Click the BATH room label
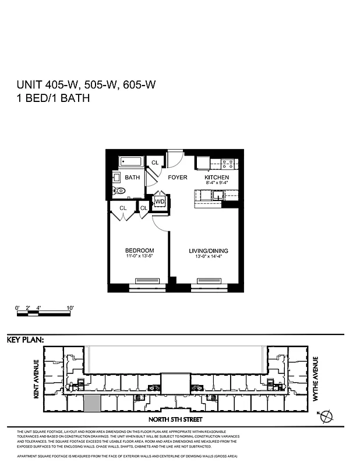tap(132, 178)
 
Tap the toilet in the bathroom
tap(119, 190)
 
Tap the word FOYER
tap(178, 177)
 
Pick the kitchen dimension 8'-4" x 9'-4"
tap(216, 183)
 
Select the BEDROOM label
tap(140, 251)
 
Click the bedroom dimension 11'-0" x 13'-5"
tap(140, 257)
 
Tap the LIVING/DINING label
tap(209, 251)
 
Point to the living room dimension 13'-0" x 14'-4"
tap(209, 257)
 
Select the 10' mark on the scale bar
tap(69, 307)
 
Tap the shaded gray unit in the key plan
tap(92, 403)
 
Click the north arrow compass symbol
tap(328, 415)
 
